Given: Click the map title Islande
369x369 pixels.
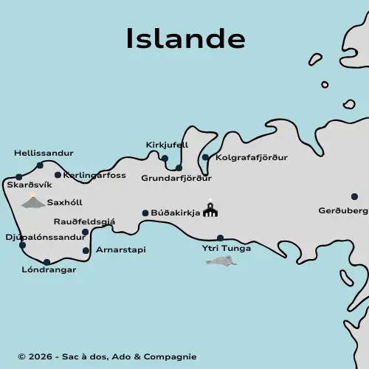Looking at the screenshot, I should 185,38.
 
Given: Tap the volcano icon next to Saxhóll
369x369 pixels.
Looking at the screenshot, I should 32,201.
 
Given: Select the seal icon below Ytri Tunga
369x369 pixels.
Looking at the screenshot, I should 221,261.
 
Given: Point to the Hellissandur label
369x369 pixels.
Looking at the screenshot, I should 44,154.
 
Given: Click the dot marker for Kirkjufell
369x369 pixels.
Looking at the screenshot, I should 165,158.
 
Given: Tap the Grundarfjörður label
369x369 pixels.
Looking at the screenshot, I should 176,178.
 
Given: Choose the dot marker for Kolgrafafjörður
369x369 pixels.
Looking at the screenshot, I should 205,157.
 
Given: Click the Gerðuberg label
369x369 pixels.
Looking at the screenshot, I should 343,210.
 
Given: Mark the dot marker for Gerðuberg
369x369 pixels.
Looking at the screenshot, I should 354,196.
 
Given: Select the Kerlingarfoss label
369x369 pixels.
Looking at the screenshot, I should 94,176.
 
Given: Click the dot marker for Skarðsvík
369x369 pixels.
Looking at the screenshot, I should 18,177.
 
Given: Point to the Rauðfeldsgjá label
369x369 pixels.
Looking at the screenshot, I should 84,221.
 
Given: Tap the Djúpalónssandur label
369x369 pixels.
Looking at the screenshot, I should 45,238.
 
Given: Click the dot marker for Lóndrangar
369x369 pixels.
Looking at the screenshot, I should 46,262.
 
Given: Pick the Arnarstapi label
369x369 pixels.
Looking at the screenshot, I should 120,250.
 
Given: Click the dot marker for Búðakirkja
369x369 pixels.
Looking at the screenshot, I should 145,213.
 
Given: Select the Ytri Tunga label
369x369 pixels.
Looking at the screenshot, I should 227,248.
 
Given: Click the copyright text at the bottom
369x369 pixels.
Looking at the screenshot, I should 107,357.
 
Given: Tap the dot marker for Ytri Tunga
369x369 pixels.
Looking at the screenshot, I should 220,238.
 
